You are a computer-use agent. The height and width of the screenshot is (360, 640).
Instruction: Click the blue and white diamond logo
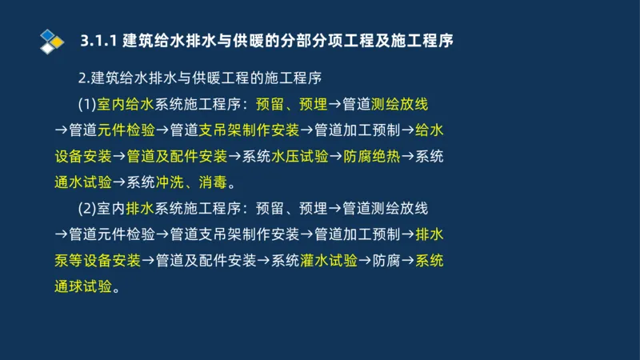click(50, 39)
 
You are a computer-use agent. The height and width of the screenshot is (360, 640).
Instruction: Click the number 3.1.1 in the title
click(100, 40)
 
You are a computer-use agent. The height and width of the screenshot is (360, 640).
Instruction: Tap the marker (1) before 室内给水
click(86, 104)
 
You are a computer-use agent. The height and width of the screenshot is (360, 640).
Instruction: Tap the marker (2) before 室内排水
click(86, 209)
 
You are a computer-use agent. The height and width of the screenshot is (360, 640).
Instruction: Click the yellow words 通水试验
click(83, 182)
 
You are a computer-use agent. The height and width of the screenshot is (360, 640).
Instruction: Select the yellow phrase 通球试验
click(83, 286)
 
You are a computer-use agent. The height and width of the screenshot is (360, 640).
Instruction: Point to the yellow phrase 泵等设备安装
click(98, 260)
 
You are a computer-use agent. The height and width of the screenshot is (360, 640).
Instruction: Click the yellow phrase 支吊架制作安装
click(249, 130)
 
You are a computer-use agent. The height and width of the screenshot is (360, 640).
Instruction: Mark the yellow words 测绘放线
click(400, 104)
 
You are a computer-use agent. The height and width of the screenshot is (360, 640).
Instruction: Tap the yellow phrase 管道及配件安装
click(177, 156)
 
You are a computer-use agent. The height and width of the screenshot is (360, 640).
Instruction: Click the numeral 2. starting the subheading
click(84, 78)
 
